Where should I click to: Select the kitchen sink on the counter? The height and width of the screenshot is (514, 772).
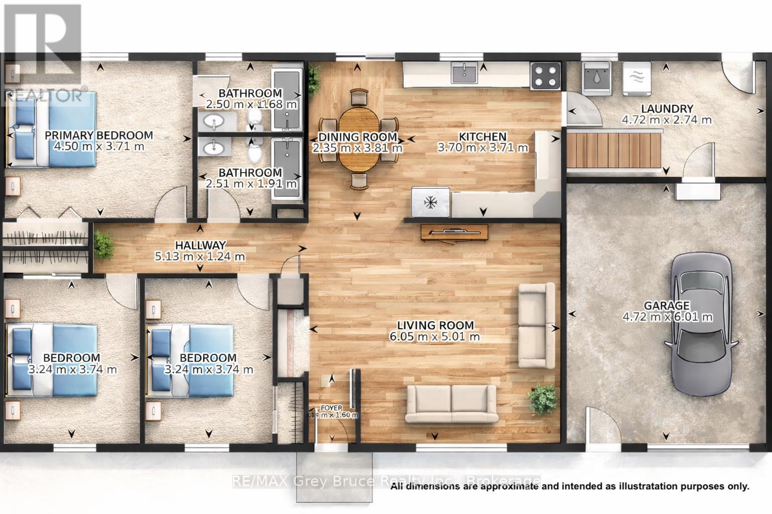pos(465,73)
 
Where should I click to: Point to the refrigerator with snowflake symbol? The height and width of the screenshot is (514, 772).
pos(430,202)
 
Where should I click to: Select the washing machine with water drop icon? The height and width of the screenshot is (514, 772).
pos(596,78)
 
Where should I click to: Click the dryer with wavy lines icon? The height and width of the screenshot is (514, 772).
pos(637,78)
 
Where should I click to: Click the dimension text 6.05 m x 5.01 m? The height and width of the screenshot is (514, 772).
pos(435,337)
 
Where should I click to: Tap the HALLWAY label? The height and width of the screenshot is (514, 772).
pos(200,245)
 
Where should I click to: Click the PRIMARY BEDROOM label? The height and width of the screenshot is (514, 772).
pos(99,135)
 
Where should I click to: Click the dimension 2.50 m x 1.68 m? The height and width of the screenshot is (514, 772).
pos(251,104)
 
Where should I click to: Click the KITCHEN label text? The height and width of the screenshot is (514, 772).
pos(482,137)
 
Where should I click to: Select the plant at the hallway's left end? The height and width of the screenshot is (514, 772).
pos(104,244)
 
